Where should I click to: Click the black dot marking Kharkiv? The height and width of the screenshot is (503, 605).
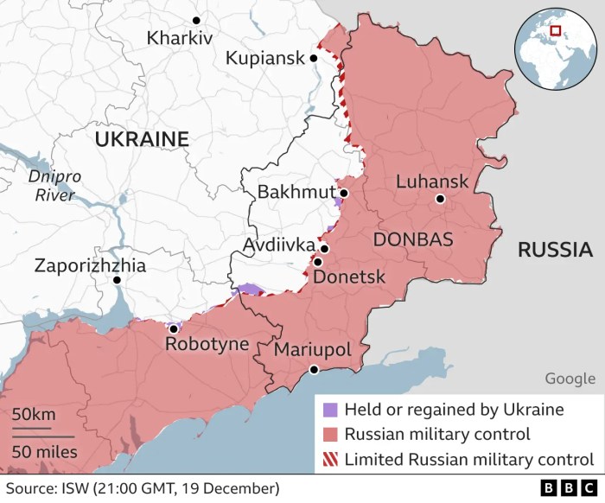[197, 19]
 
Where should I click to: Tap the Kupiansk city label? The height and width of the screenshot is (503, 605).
[264, 59]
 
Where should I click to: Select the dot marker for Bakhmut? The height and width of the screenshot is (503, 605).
[343, 194]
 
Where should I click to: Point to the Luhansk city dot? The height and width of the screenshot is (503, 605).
[440, 199]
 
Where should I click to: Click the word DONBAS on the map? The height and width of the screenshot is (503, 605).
[412, 239]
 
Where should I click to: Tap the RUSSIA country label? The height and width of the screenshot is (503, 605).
[549, 251]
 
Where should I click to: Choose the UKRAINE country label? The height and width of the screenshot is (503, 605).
[142, 139]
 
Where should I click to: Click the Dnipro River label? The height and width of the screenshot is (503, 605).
[54, 186]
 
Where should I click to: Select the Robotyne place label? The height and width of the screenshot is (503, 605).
[207, 345]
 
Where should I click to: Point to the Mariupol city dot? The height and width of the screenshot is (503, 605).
[314, 370]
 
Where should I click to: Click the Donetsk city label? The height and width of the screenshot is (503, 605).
[348, 278]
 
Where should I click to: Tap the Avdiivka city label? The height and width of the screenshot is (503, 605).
[278, 245]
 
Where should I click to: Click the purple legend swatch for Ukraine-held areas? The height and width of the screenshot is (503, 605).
[328, 410]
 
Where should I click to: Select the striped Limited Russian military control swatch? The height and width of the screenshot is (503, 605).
[328, 459]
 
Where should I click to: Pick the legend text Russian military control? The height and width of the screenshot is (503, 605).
[437, 434]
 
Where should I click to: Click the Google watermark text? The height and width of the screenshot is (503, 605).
[570, 379]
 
